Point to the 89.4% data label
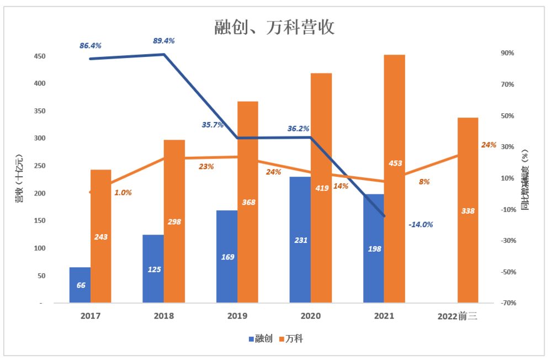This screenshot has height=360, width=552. [164, 40]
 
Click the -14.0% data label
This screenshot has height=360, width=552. [421, 225]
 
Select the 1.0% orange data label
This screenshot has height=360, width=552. [123, 193]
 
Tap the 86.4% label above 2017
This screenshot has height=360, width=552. [91, 46]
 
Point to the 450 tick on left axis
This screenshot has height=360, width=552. [40, 56]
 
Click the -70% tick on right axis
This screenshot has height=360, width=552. [508, 303]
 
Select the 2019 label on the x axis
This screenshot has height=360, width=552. [237, 316]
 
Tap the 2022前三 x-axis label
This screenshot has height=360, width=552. [457, 316]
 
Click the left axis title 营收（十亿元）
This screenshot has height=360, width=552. [19, 179]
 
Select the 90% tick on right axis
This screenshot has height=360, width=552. [508, 53]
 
